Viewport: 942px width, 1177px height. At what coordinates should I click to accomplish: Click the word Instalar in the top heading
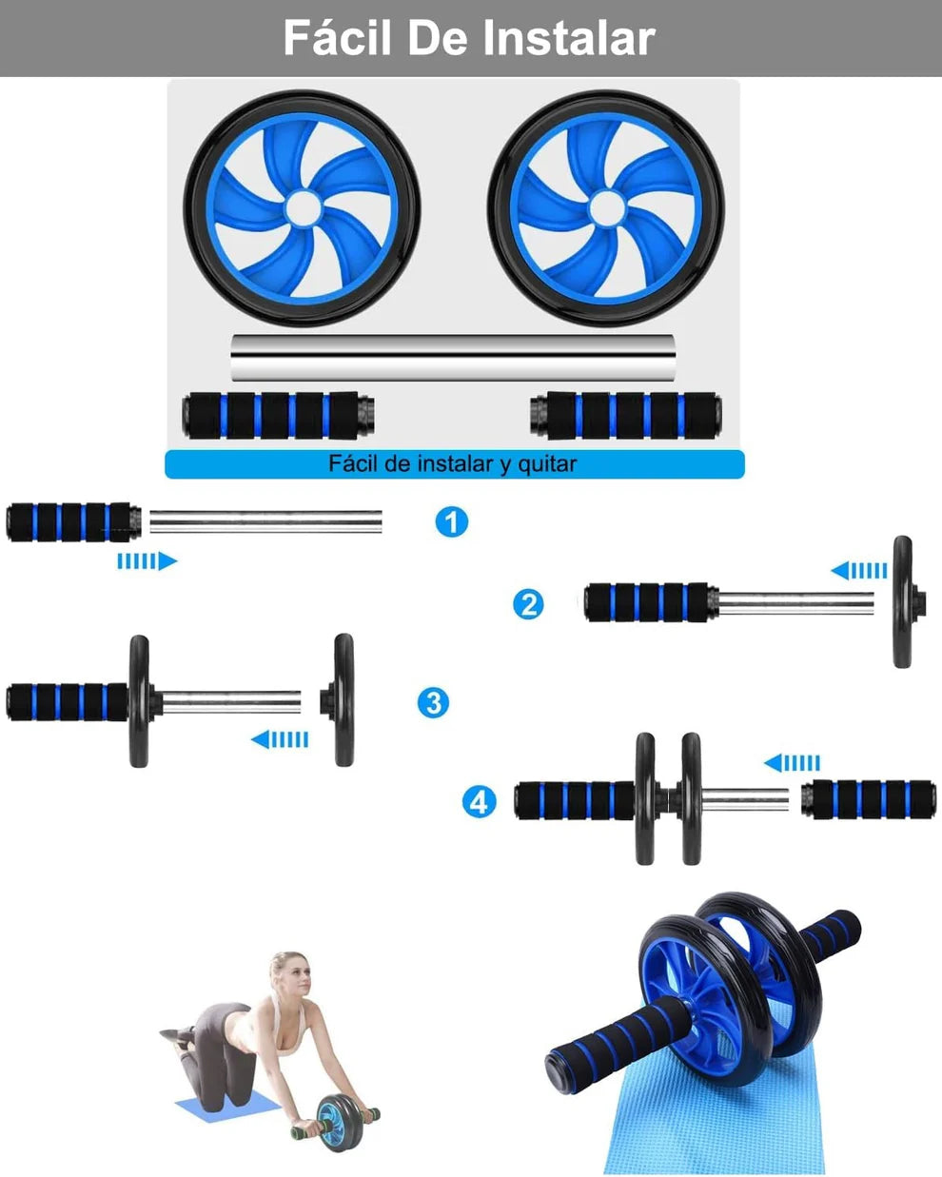pos(568,38)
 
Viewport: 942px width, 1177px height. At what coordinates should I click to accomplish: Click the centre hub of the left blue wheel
pos(302,207)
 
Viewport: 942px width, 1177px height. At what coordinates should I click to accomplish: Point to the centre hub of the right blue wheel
pos(605,207)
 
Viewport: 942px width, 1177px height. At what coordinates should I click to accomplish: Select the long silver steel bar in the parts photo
pos(455,357)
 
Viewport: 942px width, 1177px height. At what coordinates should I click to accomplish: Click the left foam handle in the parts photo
pos(278,415)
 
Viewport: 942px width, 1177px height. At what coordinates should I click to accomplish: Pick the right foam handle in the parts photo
pos(624,415)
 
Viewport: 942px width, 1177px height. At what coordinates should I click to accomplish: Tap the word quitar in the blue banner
pos(547,464)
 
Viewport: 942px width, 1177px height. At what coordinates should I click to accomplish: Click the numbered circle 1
pos(452,521)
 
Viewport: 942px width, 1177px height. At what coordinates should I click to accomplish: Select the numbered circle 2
pos(528,604)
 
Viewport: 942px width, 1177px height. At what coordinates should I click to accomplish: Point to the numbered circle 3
pos(434,703)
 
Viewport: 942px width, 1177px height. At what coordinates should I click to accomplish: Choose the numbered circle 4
pos(479,801)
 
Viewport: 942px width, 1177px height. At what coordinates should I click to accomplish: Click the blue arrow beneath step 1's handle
pos(147,561)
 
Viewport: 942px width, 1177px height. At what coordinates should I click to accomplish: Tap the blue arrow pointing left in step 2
pos(859,571)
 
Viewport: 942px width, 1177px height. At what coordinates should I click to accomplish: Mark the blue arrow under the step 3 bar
pos(280,739)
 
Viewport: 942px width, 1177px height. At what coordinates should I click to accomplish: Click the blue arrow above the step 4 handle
pos(792,763)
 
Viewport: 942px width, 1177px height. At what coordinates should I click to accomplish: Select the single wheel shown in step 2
pos(902,602)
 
